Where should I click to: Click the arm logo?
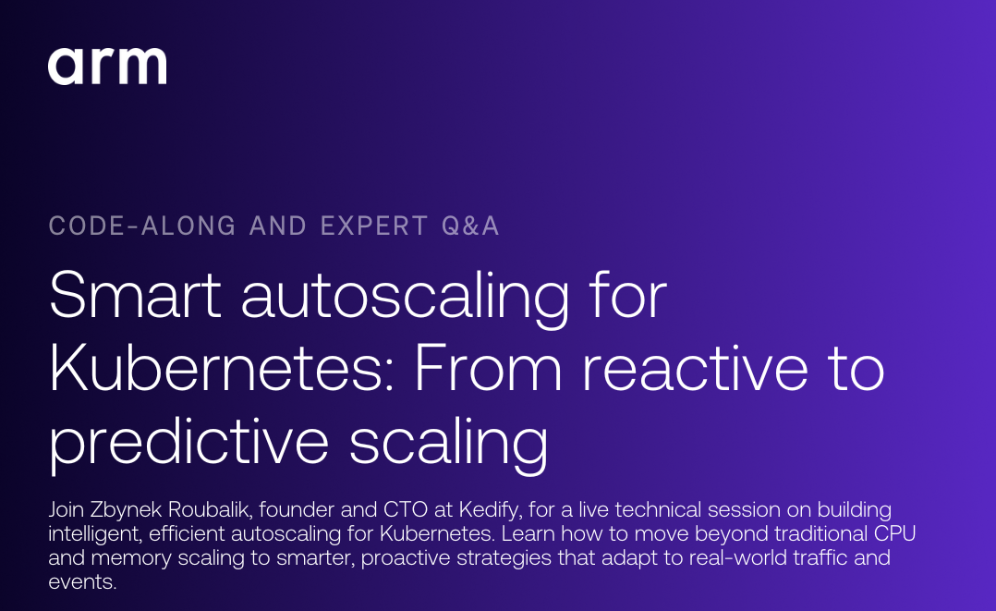[x=107, y=67]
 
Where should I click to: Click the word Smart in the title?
[x=135, y=296]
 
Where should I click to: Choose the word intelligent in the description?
[x=92, y=534]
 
